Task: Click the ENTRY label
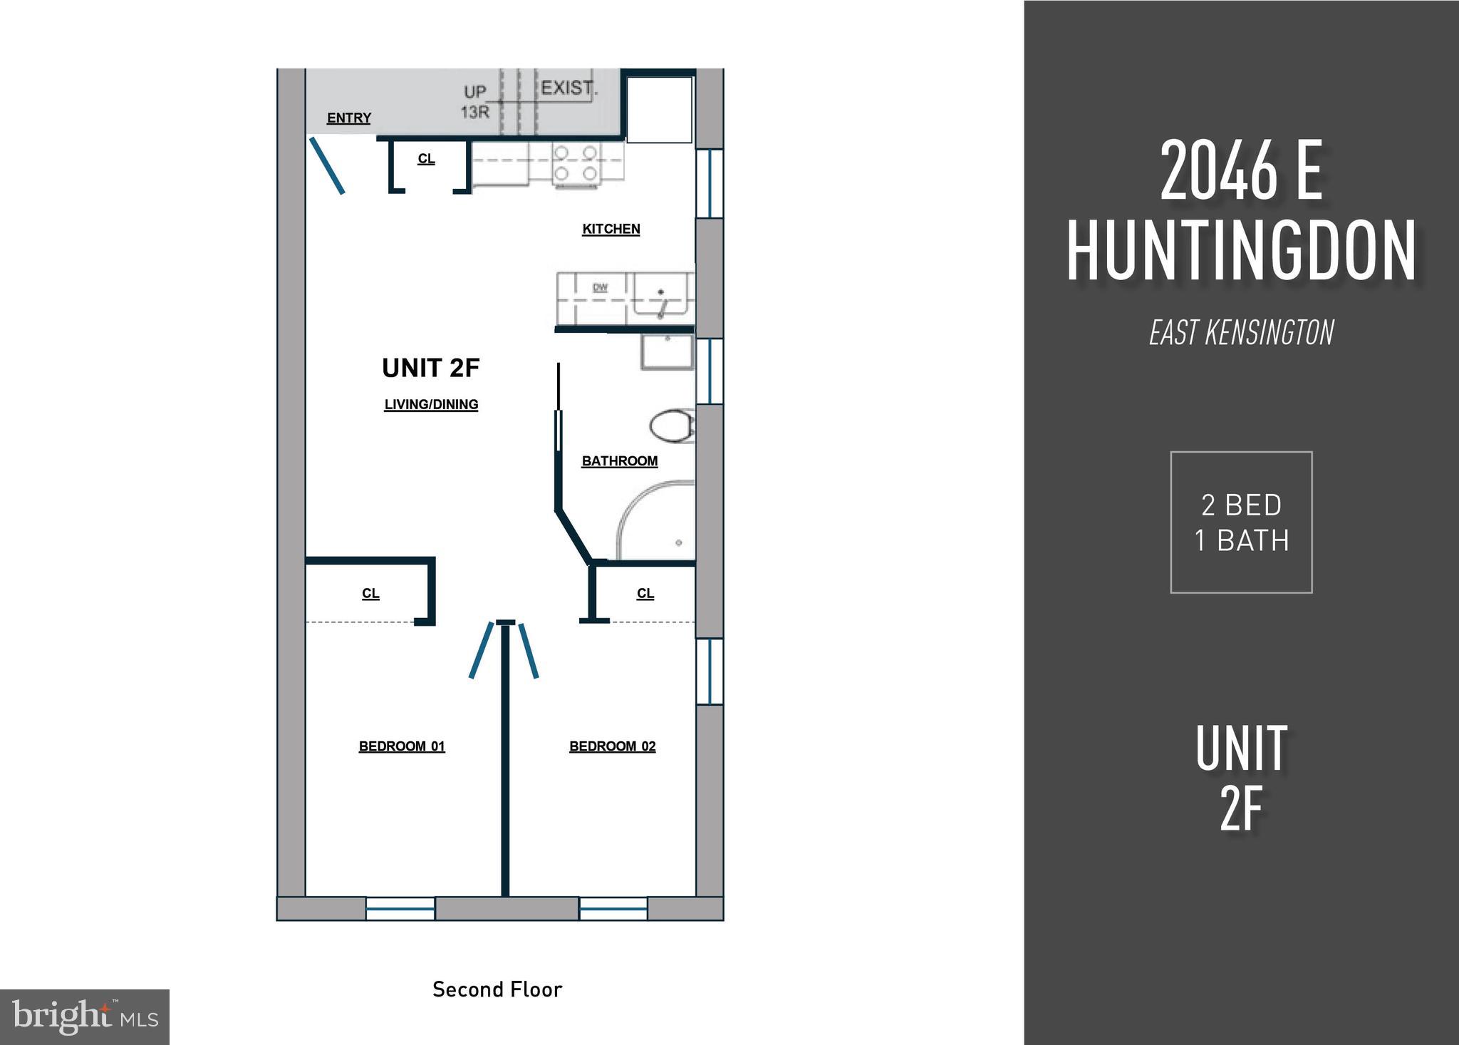[x=348, y=118]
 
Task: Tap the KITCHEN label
[x=611, y=229]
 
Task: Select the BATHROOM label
[x=619, y=461]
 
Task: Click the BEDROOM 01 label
[x=402, y=746]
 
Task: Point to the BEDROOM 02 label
[x=612, y=746]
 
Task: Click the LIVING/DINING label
[x=431, y=405]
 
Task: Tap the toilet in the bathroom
[x=670, y=426]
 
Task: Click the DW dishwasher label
[x=600, y=288]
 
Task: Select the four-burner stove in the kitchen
[x=576, y=163]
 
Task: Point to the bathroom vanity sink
[x=667, y=352]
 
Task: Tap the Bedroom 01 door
[x=481, y=650]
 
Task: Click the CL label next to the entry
[x=426, y=159]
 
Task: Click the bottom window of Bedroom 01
[x=400, y=908]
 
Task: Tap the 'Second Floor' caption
[x=497, y=989]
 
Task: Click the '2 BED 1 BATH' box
[x=1241, y=522]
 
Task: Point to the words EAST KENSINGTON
[x=1241, y=333]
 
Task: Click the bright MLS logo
[x=85, y=1017]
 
